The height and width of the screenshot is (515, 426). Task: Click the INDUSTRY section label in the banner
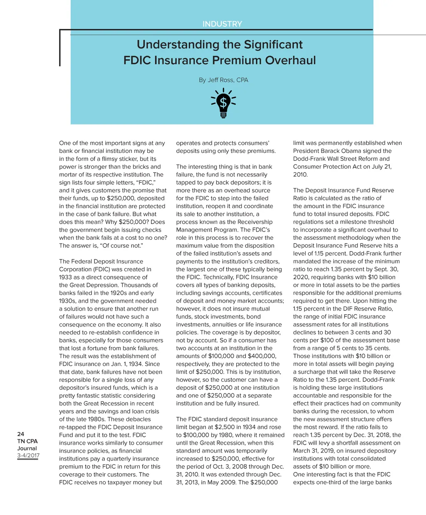(x=222, y=24)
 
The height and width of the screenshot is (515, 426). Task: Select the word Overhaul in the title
(x=290, y=60)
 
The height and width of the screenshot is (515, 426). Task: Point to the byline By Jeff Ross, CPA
(x=223, y=80)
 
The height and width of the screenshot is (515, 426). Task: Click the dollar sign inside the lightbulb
(x=223, y=102)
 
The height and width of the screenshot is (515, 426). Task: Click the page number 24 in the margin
(x=21, y=434)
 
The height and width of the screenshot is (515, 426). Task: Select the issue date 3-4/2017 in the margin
(x=28, y=455)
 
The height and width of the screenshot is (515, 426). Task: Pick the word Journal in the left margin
(x=27, y=448)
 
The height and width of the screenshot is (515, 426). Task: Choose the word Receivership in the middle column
(x=253, y=222)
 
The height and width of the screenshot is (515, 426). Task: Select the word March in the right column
(x=302, y=451)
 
